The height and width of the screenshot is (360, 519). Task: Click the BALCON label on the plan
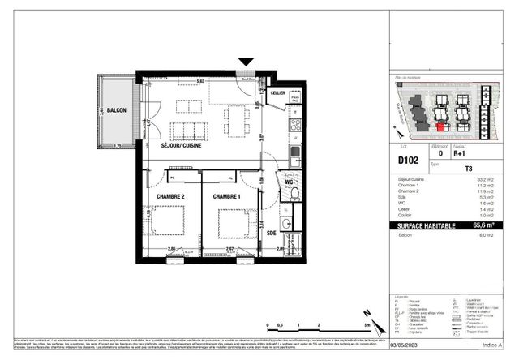(x=116, y=110)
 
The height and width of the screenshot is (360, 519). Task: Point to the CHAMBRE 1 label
(x=227, y=197)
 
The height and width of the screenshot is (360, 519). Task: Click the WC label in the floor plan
(x=289, y=182)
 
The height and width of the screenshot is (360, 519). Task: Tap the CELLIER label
(x=278, y=94)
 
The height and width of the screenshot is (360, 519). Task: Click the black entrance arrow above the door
(x=247, y=63)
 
